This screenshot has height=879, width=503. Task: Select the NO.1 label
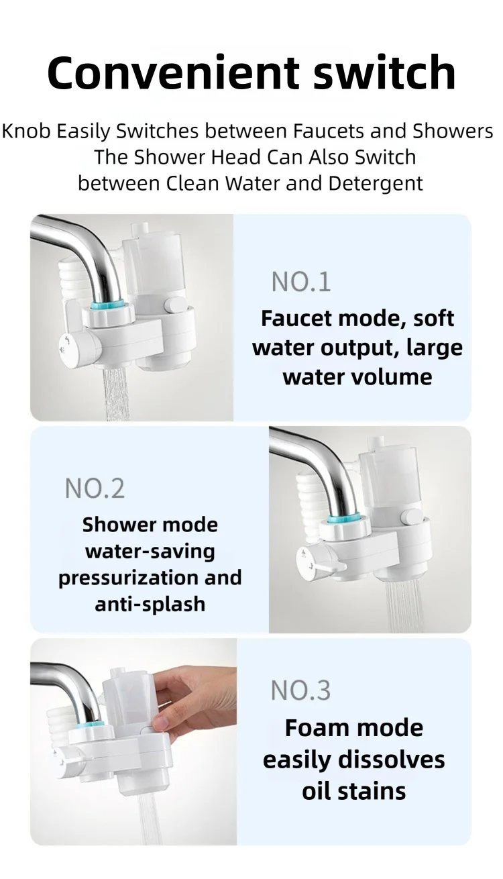click(x=301, y=282)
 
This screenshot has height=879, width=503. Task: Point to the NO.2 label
click(x=95, y=488)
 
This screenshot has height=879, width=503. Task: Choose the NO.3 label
click(x=300, y=690)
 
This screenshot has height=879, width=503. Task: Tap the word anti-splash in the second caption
click(x=150, y=605)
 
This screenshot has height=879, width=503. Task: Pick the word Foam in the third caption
click(x=310, y=728)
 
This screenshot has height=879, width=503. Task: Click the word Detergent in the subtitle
click(x=376, y=183)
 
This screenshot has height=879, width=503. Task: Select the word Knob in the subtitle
click(x=26, y=131)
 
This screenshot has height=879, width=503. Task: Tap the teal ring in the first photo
click(x=107, y=305)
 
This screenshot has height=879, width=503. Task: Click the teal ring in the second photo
click(x=343, y=517)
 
